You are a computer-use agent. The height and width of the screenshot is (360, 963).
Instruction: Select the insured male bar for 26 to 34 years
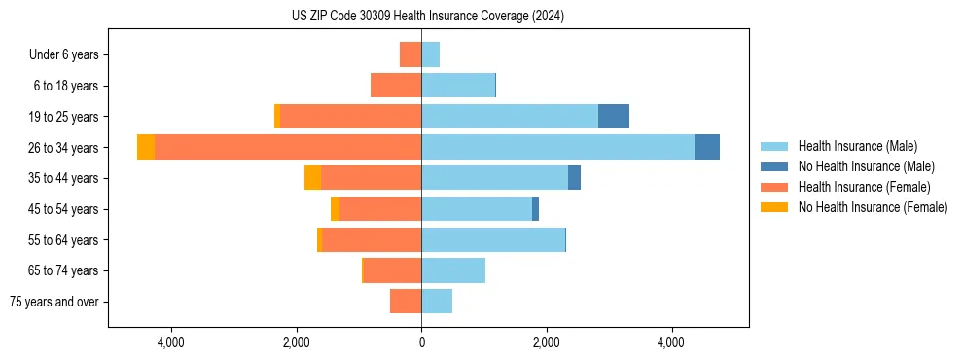click(558, 147)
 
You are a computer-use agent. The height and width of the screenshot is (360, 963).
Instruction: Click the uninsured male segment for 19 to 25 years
click(613, 116)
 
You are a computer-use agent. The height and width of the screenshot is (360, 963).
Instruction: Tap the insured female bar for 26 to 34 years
click(288, 147)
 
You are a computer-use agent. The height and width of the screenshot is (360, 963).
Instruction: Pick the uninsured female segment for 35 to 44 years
click(312, 178)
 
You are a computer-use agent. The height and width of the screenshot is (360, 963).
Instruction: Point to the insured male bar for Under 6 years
click(430, 54)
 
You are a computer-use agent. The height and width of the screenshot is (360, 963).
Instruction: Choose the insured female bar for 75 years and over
click(406, 302)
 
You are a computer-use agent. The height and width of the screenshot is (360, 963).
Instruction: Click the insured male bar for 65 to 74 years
click(453, 270)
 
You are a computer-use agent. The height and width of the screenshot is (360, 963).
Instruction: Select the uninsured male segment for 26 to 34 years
click(707, 147)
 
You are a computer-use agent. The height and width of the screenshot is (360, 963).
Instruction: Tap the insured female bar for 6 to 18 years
click(396, 86)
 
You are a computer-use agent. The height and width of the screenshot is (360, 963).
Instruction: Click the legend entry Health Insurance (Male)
click(857, 146)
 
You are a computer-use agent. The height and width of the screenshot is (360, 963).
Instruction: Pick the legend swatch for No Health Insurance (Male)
click(774, 166)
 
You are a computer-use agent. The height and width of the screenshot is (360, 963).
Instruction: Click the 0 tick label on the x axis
click(421, 342)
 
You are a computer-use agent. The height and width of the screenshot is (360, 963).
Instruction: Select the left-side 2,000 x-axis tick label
click(296, 342)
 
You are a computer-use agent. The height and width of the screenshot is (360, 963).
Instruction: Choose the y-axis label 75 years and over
click(54, 302)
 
